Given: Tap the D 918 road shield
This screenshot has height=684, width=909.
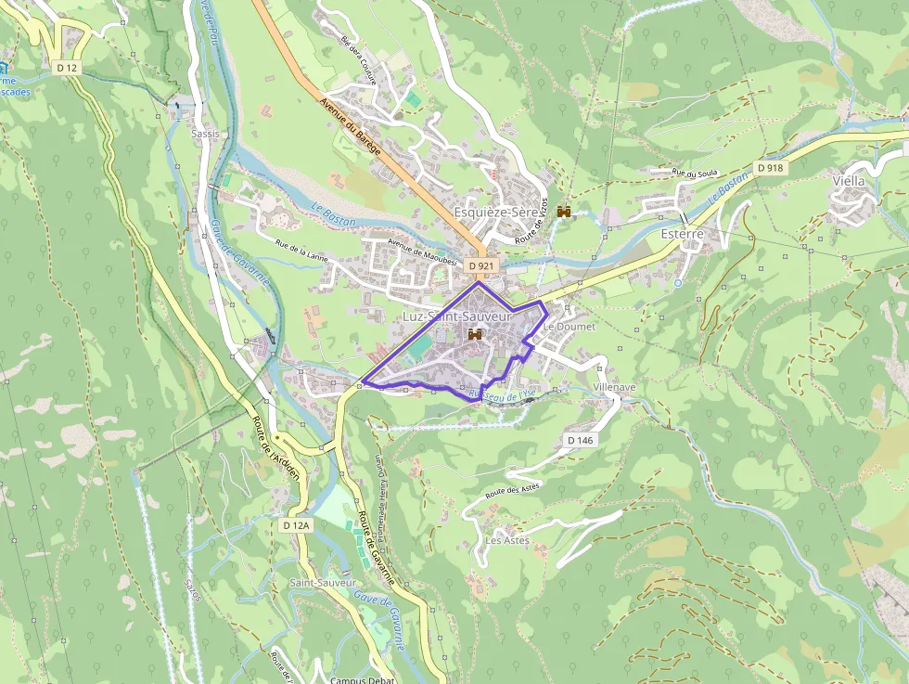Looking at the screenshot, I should (769, 168).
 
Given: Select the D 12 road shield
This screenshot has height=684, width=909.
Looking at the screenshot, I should (66, 68).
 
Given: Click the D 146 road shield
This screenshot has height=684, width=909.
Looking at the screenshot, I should (579, 440).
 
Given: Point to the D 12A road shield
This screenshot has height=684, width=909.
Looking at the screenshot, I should (296, 525).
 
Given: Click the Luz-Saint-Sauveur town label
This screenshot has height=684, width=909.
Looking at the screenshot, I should (457, 317).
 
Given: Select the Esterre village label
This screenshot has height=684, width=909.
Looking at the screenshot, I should (682, 235).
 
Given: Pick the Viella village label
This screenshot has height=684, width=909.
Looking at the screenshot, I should (848, 181).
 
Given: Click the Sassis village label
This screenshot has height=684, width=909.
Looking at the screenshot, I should (205, 134).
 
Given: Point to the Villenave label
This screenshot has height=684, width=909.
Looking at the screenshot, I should (614, 386).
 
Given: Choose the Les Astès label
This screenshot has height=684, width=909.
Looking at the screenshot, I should (506, 540).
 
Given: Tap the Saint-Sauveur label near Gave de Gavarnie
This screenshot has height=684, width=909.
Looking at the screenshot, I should (322, 583).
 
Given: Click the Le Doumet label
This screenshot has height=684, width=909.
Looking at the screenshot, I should (570, 327).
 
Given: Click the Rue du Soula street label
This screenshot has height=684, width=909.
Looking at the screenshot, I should (696, 173).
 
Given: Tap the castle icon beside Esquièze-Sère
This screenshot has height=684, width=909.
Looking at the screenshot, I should (563, 213).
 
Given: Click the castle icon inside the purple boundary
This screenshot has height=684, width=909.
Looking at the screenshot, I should (475, 333).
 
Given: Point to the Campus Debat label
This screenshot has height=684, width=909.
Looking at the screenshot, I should (363, 679).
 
